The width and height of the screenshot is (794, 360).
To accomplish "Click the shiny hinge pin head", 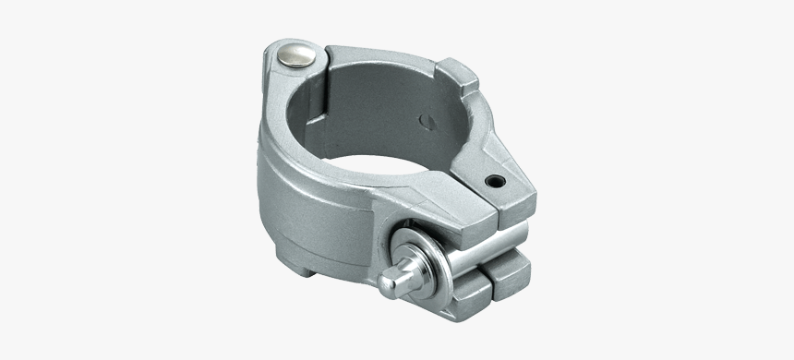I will (x=298, y=56).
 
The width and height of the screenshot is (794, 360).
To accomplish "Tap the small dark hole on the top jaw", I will (x=497, y=182).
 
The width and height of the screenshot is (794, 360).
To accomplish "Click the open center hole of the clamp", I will (x=388, y=171).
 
